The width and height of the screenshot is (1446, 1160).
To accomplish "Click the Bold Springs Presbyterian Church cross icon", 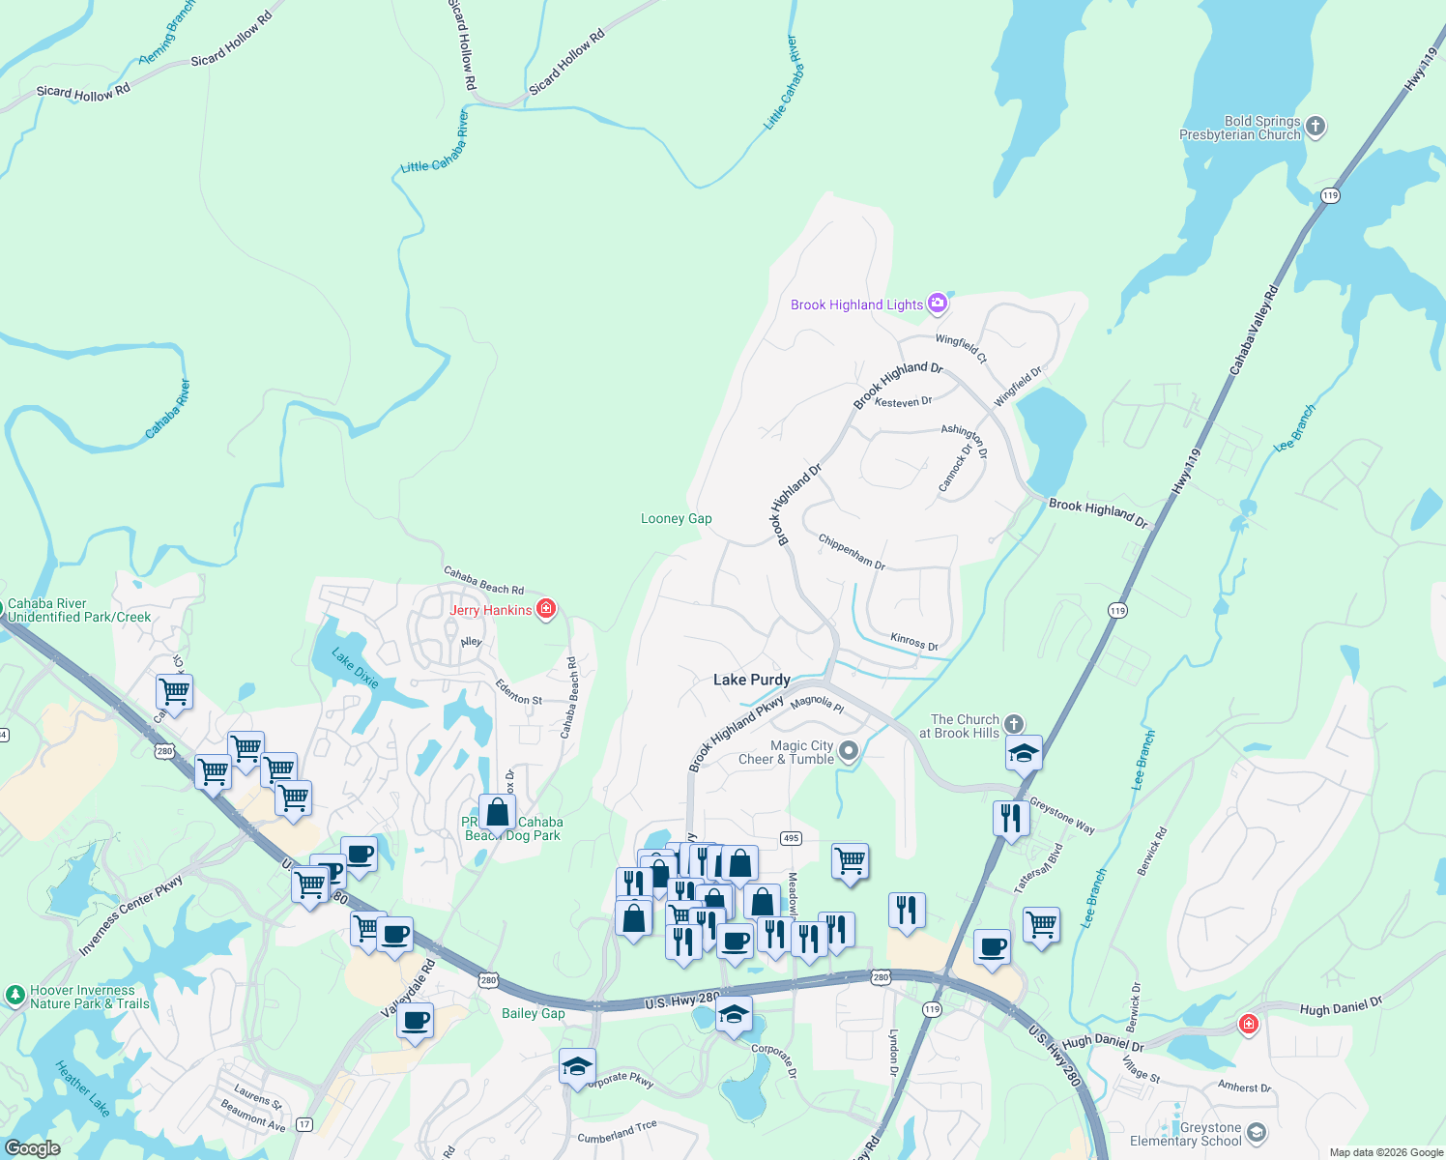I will pos(1315,127).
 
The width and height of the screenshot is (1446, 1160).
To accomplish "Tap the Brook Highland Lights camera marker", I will pos(937,304).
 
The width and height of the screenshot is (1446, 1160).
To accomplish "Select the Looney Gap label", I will pos(676,519).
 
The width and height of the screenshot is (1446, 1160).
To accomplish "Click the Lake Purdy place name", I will pos(751,681).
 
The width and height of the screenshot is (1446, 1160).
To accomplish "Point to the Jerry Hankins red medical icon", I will pos(546,609).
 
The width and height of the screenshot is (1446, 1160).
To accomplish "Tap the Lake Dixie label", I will pos(355,668).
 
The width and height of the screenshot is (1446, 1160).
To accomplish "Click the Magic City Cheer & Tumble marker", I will pos(849,751).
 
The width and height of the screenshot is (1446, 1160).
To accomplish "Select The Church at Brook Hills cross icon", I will pos(1013,724).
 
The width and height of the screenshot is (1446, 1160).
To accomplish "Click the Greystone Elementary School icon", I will pos(1256,1132).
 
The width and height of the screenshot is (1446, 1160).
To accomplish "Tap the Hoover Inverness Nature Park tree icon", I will pos(14,995).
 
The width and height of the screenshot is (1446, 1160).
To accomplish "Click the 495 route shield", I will pos(791,838).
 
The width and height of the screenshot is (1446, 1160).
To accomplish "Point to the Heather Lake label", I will pos(82,1088).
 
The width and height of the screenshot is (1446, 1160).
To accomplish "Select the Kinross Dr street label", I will pos(913,642).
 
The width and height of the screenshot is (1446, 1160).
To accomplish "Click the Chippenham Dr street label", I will pos(852,551).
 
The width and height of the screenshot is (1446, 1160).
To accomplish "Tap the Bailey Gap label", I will pos(533,1014).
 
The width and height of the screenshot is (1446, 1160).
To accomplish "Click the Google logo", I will pos(32,1148).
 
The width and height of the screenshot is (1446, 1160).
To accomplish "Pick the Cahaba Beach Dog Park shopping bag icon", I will pos(497,815).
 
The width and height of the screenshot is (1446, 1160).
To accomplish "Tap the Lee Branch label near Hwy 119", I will pos(1294,428).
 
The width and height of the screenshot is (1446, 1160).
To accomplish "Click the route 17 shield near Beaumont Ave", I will pos(304,1124).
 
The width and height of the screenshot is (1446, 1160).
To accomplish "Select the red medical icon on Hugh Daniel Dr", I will pos(1248,1024).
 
